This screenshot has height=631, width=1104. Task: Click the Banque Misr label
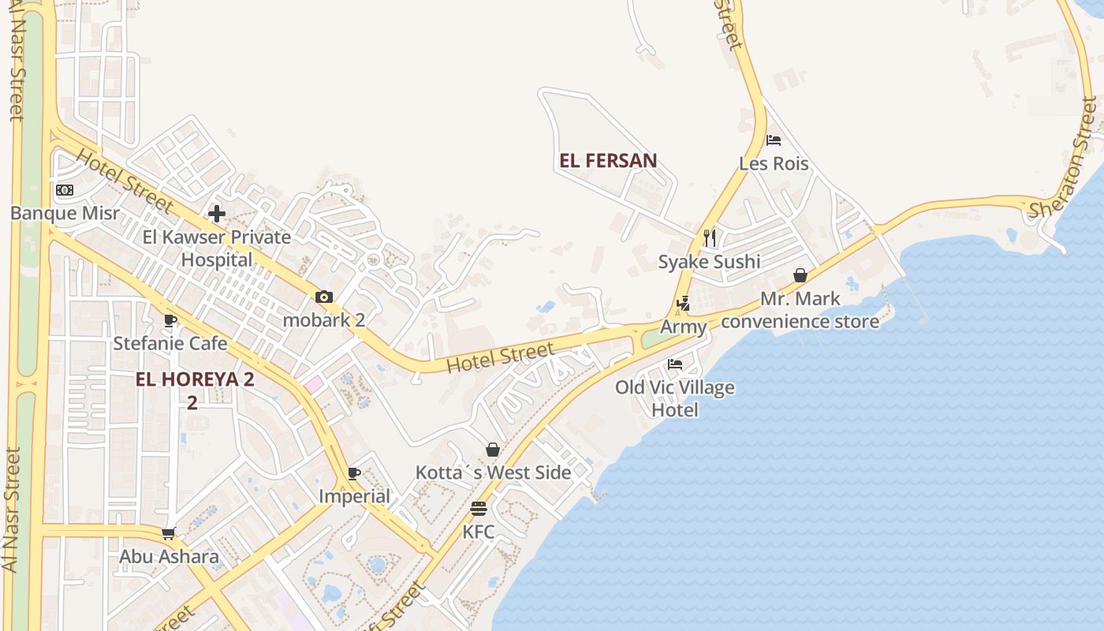tap(65, 213)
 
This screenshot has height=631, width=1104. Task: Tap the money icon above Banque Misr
tap(65, 190)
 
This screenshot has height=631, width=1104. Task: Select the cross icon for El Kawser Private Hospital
tap(217, 213)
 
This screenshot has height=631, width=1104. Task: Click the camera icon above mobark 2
tap(323, 297)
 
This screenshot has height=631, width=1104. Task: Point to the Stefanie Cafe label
tap(170, 343)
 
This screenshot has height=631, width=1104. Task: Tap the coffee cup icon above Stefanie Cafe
tap(170, 320)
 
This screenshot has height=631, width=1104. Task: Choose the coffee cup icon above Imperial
tap(354, 473)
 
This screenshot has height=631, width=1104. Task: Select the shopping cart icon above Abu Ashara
tap(168, 534)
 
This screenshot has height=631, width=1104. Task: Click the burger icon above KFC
tap(479, 509)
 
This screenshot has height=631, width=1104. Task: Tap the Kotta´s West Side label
tap(493, 472)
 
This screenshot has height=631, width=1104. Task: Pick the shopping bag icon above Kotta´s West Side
tap(493, 450)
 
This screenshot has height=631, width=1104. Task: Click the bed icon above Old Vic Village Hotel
tap(675, 364)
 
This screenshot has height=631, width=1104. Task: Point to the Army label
tap(683, 327)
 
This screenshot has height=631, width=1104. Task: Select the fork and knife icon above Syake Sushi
tap(710, 238)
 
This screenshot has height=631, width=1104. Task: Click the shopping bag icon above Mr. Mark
tap(800, 275)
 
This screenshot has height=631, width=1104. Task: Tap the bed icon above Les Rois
tap(774, 140)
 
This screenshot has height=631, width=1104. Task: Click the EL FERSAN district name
tap(608, 161)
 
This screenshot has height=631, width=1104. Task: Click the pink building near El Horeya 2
tap(314, 385)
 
